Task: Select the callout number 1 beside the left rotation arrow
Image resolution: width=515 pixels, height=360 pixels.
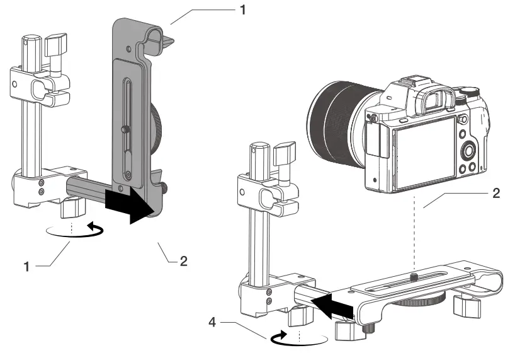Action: (27, 267)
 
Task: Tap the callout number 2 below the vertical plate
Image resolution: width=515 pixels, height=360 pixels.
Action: (183, 260)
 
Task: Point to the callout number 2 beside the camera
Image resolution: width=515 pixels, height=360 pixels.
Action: (496, 193)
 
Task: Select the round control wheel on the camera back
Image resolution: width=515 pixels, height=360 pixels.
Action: (468, 151)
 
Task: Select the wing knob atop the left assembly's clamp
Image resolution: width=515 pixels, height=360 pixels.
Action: (55, 46)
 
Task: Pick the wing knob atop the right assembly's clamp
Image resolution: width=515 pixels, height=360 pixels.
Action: (284, 153)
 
